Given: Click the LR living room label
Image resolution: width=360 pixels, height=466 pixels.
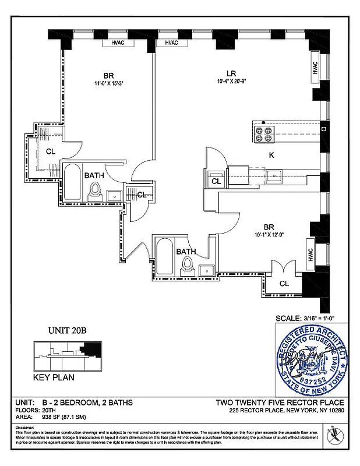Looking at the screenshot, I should pyautogui.click(x=231, y=73).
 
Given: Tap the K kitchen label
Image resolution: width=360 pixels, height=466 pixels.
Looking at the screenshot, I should pyautogui.click(x=271, y=156).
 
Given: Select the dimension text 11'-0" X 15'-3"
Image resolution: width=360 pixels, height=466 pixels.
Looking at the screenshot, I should pyautogui.click(x=109, y=83).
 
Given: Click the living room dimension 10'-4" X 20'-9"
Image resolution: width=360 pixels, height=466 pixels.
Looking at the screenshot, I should pyautogui.click(x=231, y=83).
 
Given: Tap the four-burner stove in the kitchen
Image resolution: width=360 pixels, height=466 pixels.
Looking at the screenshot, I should pyautogui.click(x=263, y=135).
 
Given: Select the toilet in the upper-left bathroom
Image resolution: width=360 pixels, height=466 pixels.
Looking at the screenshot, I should pyautogui.click(x=96, y=192).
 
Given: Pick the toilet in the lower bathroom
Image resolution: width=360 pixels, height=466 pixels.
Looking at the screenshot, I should pyautogui.click(x=187, y=267).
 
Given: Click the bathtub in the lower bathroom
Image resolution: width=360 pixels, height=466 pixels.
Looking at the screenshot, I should pyautogui.click(x=164, y=258).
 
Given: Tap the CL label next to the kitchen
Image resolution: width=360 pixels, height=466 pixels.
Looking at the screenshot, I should pyautogui.click(x=216, y=182).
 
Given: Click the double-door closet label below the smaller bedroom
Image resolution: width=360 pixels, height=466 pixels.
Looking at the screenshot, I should pyautogui.click(x=284, y=284).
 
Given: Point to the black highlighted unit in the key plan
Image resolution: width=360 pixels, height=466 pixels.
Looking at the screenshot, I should pyautogui.click(x=91, y=349).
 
